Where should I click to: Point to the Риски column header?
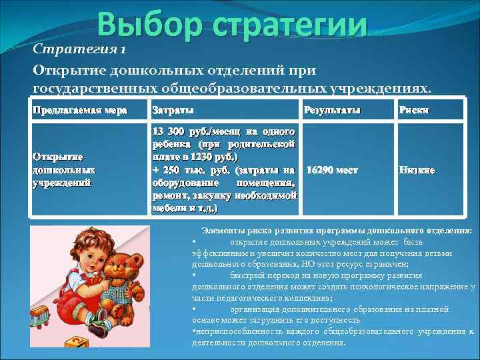(x=413, y=109)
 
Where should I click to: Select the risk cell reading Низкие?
(x=417, y=170)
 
